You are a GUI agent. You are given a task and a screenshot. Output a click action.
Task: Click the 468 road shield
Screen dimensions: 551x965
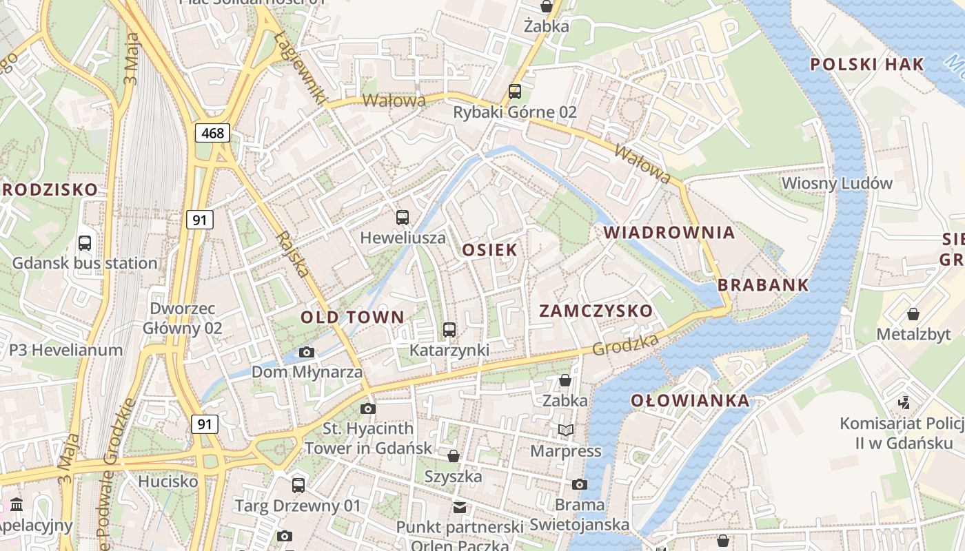coord(212,133)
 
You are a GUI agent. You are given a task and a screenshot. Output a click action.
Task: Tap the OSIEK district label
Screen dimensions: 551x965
coord(489,250)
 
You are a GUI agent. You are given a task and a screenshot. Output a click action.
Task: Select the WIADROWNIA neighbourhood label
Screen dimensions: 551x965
coord(669,233)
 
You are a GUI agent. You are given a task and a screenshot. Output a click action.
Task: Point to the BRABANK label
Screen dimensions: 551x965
coord(763,285)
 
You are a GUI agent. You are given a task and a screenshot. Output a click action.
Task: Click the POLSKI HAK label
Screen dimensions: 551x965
coord(866,65)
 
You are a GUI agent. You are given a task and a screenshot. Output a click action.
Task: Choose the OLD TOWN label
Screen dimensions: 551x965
coord(352,318)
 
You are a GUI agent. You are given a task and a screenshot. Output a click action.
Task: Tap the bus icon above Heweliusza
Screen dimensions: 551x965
coord(403,218)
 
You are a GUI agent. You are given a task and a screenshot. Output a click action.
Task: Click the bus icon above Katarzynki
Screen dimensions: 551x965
coord(449,330)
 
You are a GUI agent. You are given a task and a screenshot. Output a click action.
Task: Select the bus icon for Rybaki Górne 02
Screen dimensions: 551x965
coord(514,92)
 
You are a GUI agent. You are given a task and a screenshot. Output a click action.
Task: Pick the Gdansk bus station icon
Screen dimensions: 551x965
coord(85,243)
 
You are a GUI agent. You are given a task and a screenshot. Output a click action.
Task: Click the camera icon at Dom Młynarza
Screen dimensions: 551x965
coord(307,353)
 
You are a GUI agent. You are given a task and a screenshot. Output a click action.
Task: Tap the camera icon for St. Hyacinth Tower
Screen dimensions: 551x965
coord(368,409)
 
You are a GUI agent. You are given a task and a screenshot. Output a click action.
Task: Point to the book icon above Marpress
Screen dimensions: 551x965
coord(565,430)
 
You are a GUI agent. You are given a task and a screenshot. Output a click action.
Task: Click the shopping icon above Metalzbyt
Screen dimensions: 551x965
coord(913,314)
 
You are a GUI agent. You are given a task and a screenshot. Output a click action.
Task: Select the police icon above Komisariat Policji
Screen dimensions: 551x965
coord(904,402)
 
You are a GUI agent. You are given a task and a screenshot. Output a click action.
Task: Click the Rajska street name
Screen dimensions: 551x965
coord(292,253)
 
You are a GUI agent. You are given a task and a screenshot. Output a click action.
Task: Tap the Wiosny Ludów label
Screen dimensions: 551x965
coord(837,183)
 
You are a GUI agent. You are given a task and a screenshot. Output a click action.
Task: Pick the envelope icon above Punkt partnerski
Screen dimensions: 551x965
coord(459,508)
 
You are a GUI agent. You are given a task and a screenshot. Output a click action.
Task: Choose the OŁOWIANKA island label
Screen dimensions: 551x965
coord(689,401)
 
